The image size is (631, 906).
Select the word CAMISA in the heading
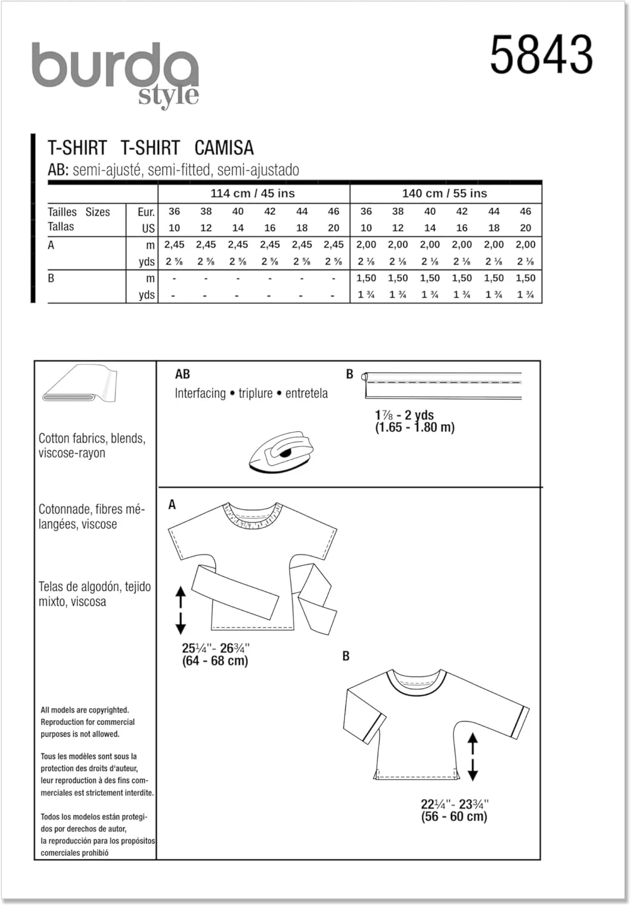tap(224, 148)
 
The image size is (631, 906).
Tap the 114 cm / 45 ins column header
tap(253, 194)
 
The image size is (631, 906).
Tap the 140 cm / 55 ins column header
tap(444, 194)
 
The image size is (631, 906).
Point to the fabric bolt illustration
tap(80, 384)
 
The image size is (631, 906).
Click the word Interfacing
tap(200, 393)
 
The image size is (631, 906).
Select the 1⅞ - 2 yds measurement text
tap(404, 415)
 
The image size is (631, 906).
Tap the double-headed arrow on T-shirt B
tap(473, 757)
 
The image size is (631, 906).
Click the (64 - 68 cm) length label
tap(215, 661)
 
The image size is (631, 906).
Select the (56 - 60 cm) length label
tap(454, 817)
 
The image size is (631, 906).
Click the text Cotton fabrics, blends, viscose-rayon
tap(92, 446)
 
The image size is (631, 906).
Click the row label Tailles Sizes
tap(79, 212)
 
